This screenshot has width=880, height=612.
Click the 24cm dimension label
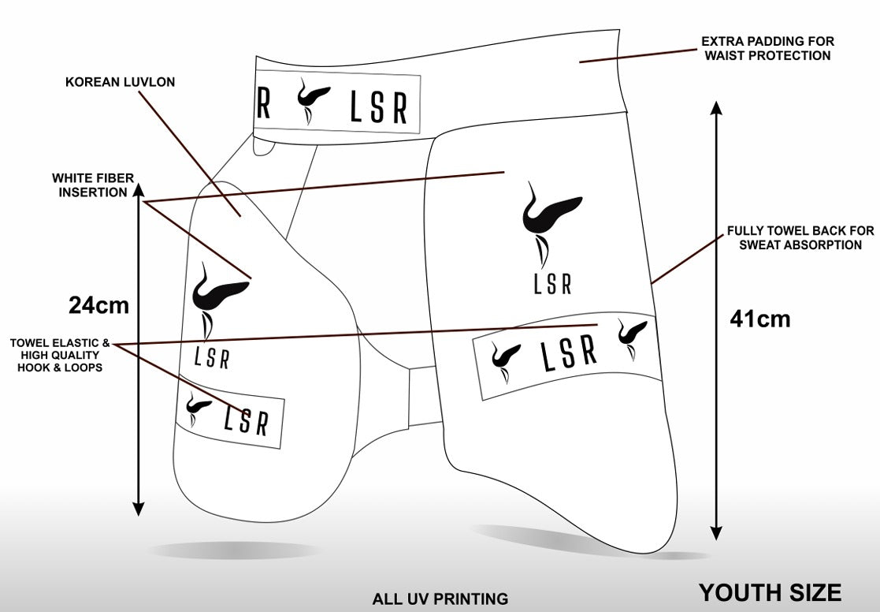[98, 306]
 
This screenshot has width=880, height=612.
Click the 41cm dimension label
[759, 319]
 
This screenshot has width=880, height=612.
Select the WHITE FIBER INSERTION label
[90, 185]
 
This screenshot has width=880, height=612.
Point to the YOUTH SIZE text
[770, 592]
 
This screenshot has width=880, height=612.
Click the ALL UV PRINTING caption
[440, 599]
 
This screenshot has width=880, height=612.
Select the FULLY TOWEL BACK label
[800, 238]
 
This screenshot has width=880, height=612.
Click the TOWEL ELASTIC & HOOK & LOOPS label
[60, 355]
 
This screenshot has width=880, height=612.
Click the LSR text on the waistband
[378, 108]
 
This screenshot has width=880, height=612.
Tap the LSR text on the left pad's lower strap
[245, 420]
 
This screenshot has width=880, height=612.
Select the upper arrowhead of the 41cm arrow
[716, 110]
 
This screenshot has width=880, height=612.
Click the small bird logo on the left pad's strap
[195, 406]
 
